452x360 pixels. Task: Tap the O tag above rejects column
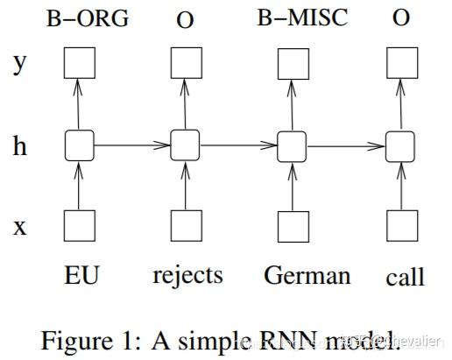tap(186, 18)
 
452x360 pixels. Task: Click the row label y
tap(18, 65)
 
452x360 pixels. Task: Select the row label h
tap(18, 145)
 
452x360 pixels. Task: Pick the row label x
tap(18, 226)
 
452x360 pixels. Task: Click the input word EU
tap(80, 276)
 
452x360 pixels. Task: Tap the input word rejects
tap(187, 276)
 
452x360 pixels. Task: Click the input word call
tap(405, 278)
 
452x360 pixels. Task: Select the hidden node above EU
tap(80, 145)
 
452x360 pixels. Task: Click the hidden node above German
tap(293, 145)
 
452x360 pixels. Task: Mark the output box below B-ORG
tap(80, 62)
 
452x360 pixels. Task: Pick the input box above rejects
tap(186, 226)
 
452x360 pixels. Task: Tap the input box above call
tap(401, 226)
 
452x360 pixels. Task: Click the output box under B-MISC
tap(293, 62)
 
